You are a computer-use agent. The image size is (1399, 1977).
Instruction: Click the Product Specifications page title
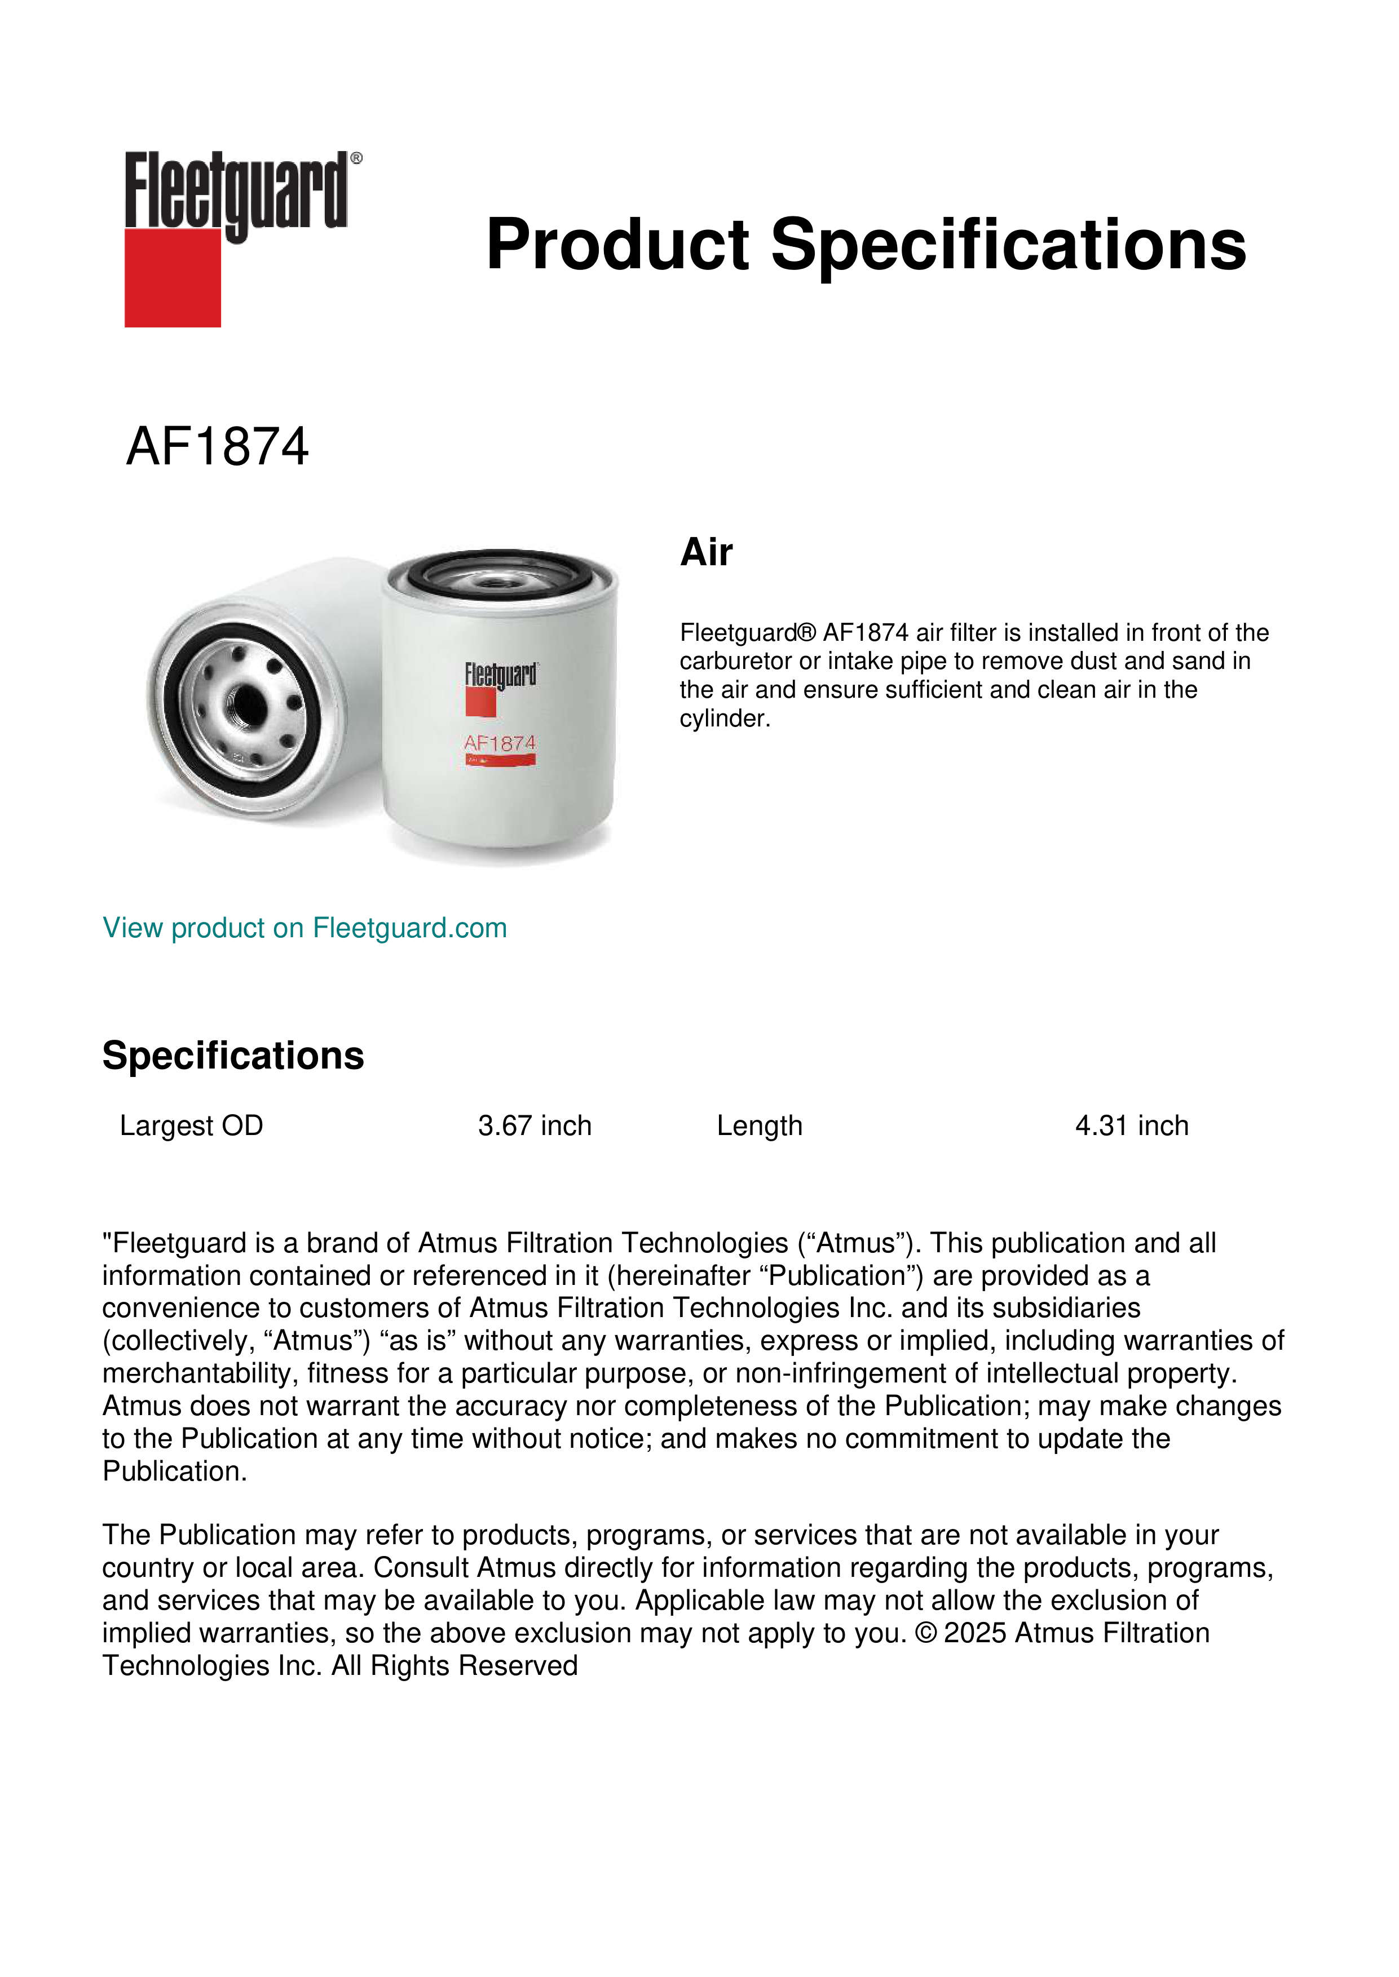(866, 245)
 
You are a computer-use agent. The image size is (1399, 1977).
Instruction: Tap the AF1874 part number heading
(217, 447)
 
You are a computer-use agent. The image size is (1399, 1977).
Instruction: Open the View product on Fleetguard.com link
(304, 928)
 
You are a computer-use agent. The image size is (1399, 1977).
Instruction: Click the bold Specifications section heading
(232, 1056)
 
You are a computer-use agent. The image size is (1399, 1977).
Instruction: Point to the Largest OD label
(191, 1125)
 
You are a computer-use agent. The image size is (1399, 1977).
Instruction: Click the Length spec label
(759, 1125)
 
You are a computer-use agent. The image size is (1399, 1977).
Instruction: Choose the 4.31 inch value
(1131, 1125)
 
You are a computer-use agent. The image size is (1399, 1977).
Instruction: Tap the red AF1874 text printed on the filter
(500, 742)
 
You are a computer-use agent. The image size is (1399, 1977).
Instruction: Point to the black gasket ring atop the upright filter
(500, 572)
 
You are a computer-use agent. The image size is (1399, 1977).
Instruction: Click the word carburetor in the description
(736, 661)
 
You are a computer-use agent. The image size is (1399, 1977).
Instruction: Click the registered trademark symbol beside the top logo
(356, 158)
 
